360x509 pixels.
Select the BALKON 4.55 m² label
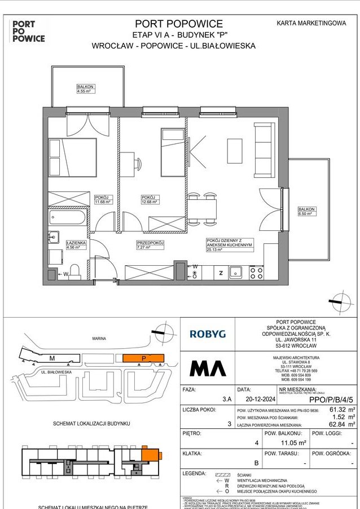tap(85, 88)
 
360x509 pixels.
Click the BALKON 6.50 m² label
tap(306, 211)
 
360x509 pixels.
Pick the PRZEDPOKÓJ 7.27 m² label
tap(150, 244)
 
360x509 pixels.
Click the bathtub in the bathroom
tap(67, 217)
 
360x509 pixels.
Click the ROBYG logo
tap(207, 334)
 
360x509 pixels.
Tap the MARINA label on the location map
tap(99, 339)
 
